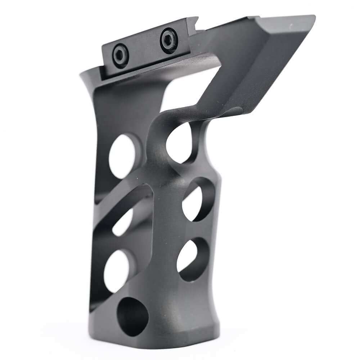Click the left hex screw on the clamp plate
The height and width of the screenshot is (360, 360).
click(120, 56)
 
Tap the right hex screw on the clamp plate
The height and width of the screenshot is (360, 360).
click(169, 40)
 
